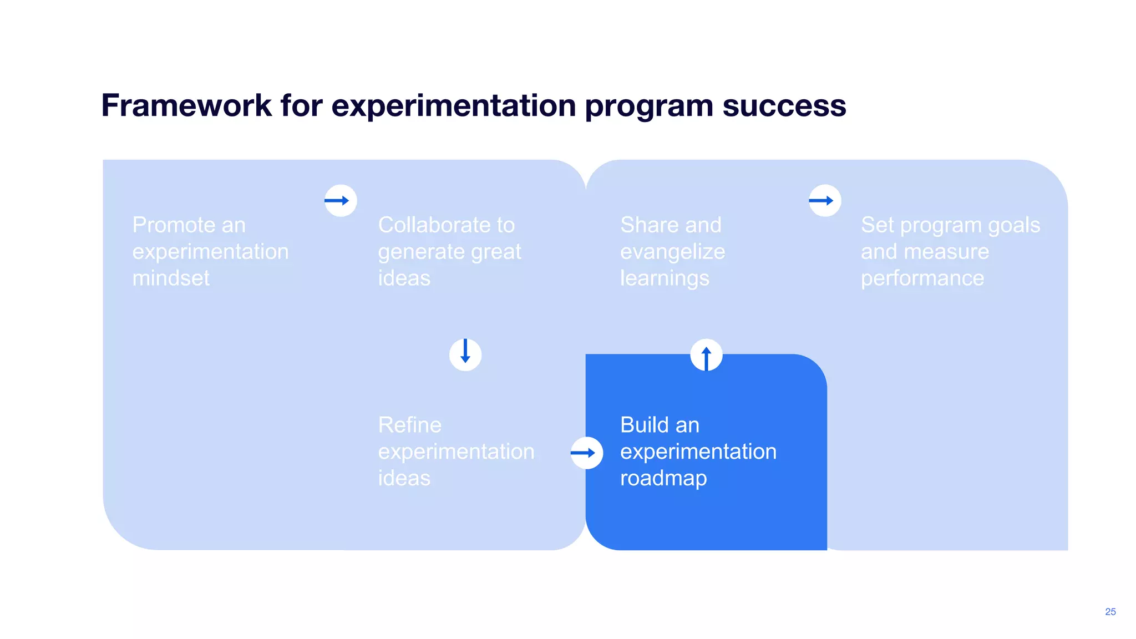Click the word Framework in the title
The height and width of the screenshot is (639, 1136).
click(x=186, y=105)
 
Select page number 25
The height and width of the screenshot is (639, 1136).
click(x=1110, y=611)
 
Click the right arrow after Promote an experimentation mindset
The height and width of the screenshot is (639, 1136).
click(x=340, y=200)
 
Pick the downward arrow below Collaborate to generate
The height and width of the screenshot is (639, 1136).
click(x=465, y=354)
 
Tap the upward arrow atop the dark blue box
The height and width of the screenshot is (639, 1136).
click(x=706, y=355)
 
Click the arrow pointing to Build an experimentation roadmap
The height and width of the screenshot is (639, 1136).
click(x=586, y=453)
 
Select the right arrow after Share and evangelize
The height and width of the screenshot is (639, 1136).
click(x=824, y=200)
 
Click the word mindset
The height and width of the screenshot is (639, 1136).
click(x=171, y=278)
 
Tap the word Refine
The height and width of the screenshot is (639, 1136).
click(x=409, y=425)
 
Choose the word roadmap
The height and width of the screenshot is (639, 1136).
click(x=663, y=478)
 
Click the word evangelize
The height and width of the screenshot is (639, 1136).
click(x=672, y=252)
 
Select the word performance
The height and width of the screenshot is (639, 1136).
click(x=922, y=278)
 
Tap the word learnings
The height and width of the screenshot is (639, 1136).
click(x=665, y=278)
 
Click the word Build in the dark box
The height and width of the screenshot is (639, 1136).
click(x=643, y=425)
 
